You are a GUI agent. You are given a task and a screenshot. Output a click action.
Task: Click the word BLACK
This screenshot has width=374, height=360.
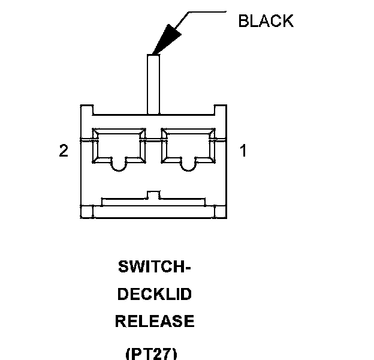tap(266, 21)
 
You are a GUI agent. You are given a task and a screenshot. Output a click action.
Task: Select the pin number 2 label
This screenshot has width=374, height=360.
tap(64, 151)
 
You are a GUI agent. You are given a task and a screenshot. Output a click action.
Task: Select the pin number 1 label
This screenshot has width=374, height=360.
tap(243, 151)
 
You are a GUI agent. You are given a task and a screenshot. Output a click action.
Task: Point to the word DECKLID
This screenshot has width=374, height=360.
tap(155, 295)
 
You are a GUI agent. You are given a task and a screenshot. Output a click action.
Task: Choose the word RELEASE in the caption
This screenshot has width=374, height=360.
tap(155, 322)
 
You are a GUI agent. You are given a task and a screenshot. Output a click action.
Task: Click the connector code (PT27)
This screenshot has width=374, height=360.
tap(152, 353)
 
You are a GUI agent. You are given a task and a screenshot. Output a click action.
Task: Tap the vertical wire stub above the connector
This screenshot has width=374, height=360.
tap(153, 84)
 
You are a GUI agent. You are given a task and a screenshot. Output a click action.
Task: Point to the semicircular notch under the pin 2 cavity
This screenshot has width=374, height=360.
tap(118, 164)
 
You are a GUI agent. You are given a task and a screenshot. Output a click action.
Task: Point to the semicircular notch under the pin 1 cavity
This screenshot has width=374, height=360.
tap(189, 164)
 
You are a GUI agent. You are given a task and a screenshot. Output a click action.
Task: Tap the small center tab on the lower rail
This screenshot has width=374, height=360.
tap(153, 195)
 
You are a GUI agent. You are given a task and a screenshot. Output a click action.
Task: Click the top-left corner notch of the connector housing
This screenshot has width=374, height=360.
tap(87, 110)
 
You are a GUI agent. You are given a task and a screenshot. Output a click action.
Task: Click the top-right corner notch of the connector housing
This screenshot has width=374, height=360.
tap(220, 110)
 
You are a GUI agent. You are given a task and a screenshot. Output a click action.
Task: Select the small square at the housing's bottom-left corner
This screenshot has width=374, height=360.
tap(87, 212)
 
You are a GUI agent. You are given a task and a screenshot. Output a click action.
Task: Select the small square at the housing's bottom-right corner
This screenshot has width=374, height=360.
tap(220, 212)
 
